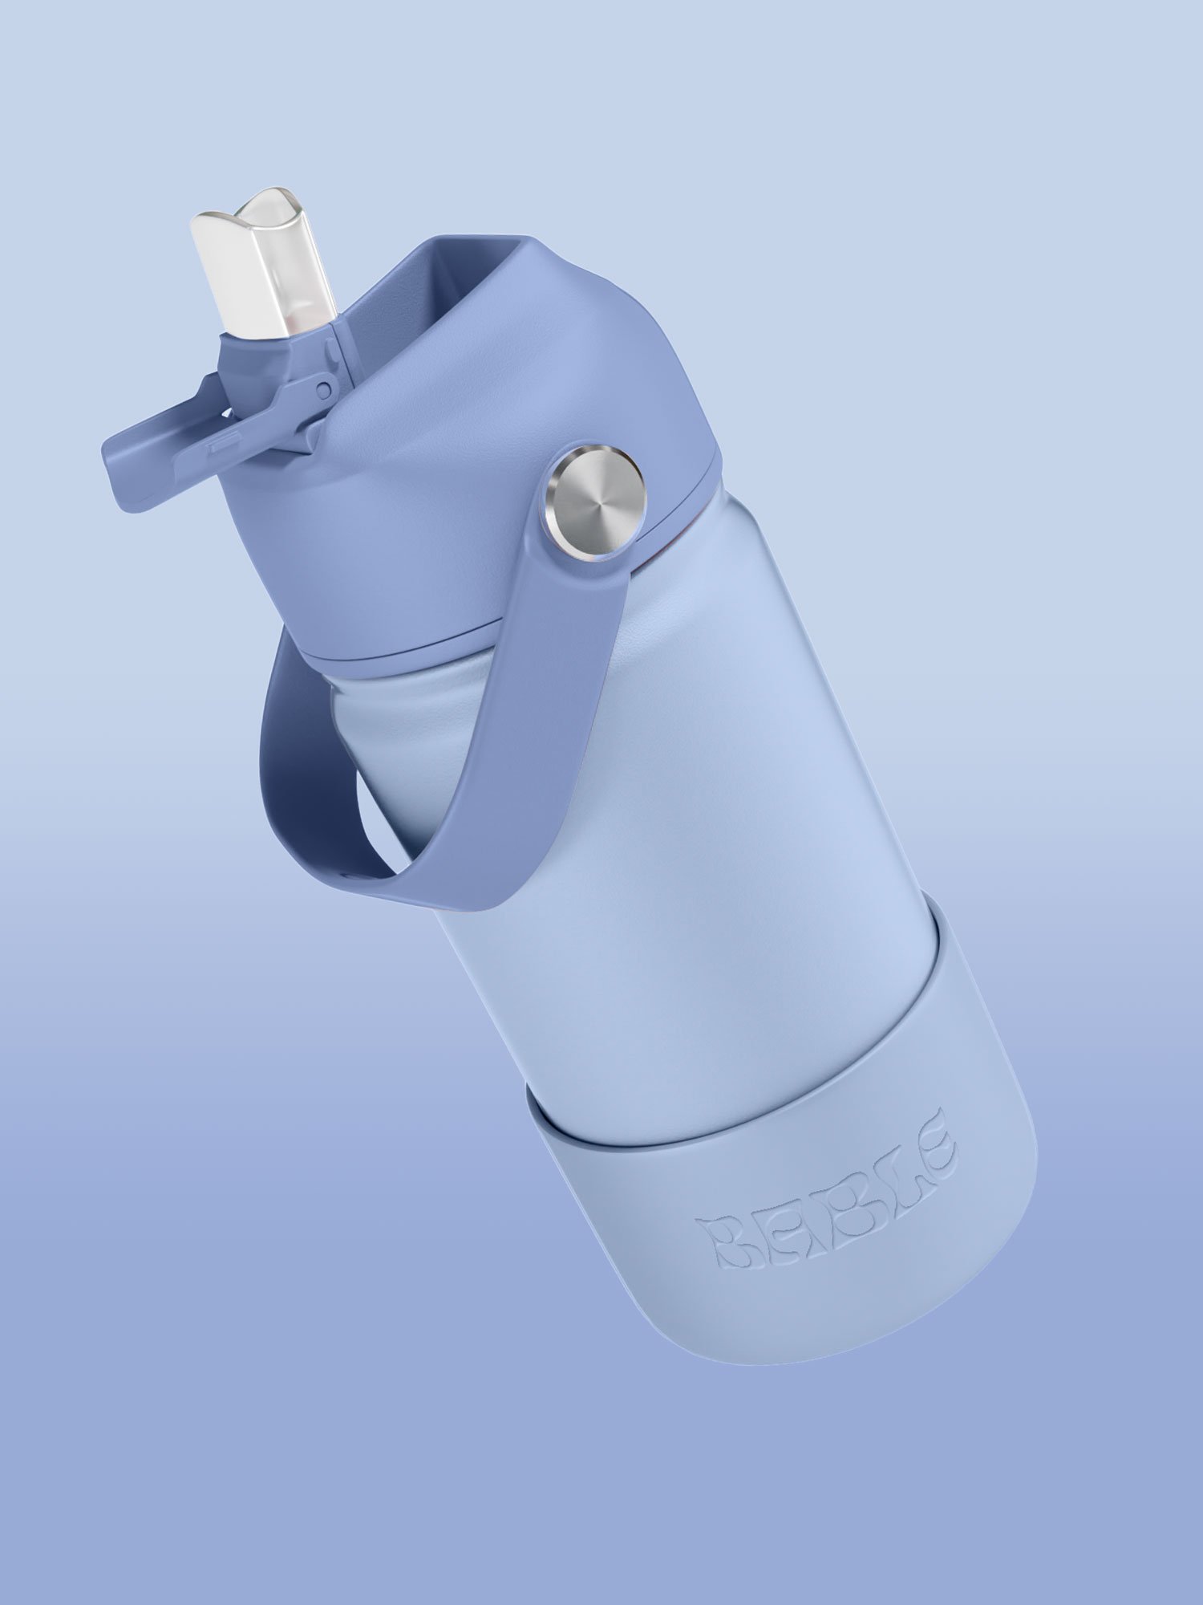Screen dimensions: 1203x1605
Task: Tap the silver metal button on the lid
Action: (x=594, y=506)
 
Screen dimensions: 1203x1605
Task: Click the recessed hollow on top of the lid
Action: (x=449, y=313)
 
